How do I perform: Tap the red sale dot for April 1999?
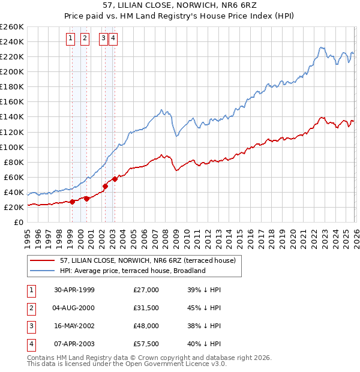(73, 202)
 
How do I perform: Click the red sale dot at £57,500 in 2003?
(114, 178)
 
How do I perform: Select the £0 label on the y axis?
(18, 222)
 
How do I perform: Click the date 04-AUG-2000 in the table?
(74, 308)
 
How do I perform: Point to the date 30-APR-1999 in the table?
(74, 290)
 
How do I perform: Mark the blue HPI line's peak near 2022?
(322, 47)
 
